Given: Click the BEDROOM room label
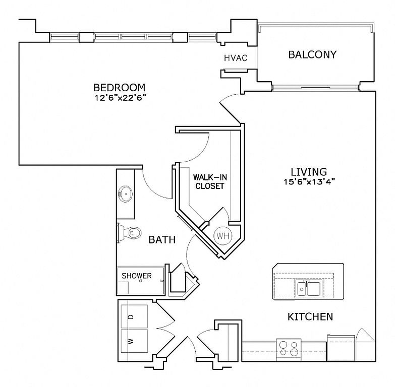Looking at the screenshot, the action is pyautogui.click(x=120, y=88).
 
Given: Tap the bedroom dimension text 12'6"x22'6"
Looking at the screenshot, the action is pyautogui.click(x=121, y=97).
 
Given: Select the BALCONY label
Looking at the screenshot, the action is pyautogui.click(x=312, y=54).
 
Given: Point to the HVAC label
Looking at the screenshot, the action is pyautogui.click(x=236, y=58).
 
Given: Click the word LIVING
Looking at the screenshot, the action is pyautogui.click(x=309, y=172).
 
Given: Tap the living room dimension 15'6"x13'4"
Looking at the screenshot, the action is pyautogui.click(x=309, y=182).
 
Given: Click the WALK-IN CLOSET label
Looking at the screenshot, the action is pyautogui.click(x=210, y=182).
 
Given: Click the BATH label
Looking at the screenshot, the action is pyautogui.click(x=162, y=240).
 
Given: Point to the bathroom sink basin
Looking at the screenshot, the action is pyautogui.click(x=126, y=194).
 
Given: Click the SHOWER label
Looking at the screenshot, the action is pyautogui.click(x=137, y=276).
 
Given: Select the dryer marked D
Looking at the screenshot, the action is pyautogui.click(x=134, y=316).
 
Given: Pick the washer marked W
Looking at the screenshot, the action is pyautogui.click(x=134, y=341).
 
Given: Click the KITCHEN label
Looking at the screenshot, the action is pyautogui.click(x=310, y=317).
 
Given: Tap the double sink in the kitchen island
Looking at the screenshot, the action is pyautogui.click(x=308, y=288).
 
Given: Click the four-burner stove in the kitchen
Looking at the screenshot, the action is pyautogui.click(x=289, y=350).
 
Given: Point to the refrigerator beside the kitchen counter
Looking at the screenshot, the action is pyautogui.click(x=341, y=348).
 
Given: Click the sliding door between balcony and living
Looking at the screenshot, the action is pyautogui.click(x=316, y=88).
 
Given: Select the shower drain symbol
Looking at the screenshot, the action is pyautogui.click(x=141, y=281).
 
